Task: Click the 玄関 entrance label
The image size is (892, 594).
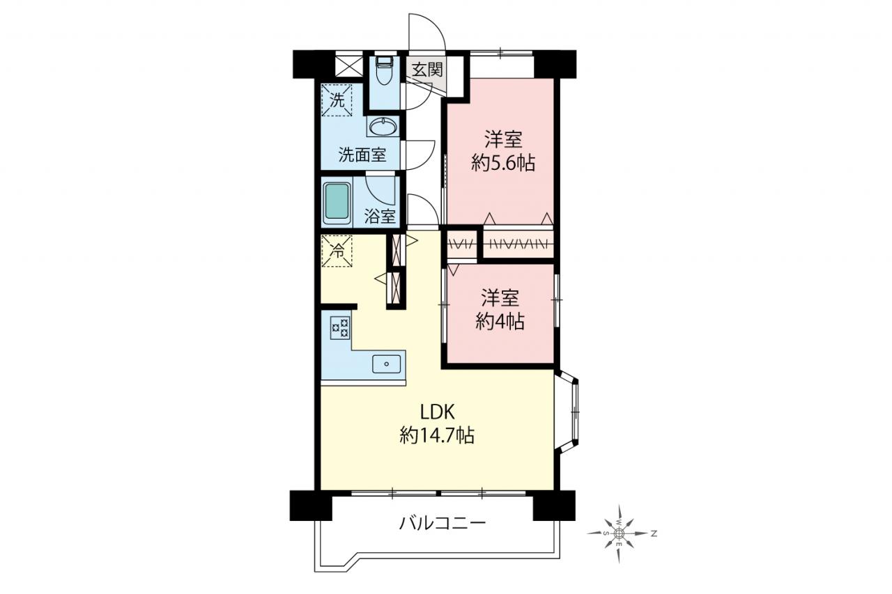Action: [427, 70]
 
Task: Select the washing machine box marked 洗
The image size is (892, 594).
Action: [337, 100]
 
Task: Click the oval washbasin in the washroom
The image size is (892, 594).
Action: [383, 127]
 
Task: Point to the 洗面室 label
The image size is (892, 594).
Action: [362, 155]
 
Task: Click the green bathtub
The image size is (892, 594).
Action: [337, 204]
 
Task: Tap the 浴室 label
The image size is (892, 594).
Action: [380, 217]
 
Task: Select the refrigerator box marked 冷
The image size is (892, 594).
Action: [337, 251]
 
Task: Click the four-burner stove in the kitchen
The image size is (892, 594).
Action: [341, 328]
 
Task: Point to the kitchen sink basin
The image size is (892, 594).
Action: [386, 364]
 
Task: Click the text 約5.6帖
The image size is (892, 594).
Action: [503, 163]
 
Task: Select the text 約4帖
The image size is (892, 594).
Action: [500, 322]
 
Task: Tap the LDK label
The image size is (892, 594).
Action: [437, 412]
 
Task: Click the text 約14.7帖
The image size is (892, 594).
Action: [437, 436]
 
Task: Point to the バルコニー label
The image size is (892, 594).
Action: [443, 523]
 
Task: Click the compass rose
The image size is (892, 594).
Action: [620, 533]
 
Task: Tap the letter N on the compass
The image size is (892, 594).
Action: [654, 534]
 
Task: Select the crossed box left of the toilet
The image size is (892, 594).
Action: [349, 66]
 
